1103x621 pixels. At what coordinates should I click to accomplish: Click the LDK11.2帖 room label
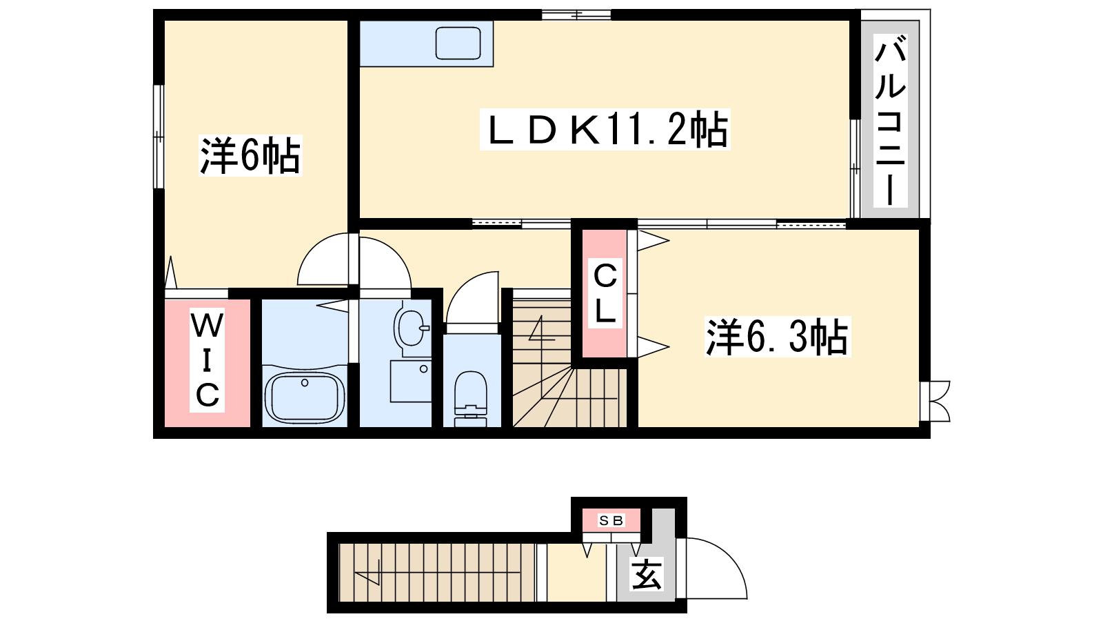click(x=605, y=130)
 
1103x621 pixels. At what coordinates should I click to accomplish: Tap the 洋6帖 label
click(x=250, y=155)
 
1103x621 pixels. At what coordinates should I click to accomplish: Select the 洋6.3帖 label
click(x=778, y=337)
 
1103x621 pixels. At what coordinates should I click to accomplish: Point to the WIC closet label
click(x=208, y=359)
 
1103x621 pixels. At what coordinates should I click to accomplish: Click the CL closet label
click(x=605, y=293)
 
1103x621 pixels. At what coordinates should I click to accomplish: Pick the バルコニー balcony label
click(x=890, y=121)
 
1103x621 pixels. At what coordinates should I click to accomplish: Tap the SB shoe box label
click(x=611, y=520)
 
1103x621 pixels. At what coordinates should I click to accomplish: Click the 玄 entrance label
click(x=647, y=574)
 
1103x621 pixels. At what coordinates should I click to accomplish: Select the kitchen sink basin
click(x=458, y=43)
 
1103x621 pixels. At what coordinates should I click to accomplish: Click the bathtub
click(x=304, y=397)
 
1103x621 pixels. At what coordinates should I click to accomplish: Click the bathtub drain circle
click(x=305, y=382)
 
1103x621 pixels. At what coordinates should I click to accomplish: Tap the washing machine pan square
click(x=411, y=382)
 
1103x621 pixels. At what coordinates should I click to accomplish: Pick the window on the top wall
click(x=576, y=14)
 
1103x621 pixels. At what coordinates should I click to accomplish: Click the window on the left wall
click(x=159, y=137)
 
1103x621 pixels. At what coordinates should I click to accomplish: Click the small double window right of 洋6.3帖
click(x=935, y=401)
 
